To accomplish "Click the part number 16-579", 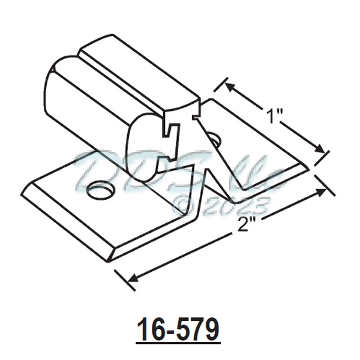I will tap(178, 329).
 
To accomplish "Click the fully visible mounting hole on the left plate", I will tap(100, 191).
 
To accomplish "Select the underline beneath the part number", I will tap(178, 343).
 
